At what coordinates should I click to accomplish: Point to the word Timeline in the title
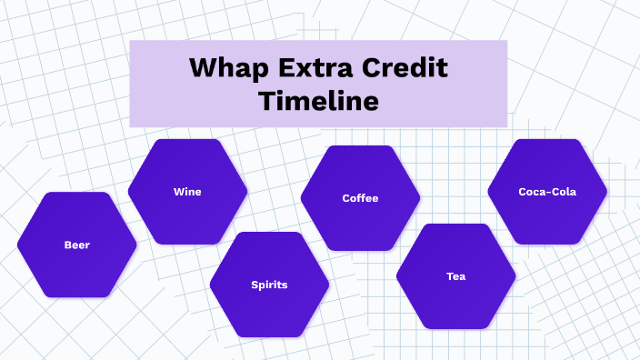318,99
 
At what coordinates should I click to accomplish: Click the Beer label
77,245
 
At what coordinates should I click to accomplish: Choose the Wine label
187,192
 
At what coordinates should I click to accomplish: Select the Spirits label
269,285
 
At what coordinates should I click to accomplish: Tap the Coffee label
360,198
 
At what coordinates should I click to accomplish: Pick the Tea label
455,276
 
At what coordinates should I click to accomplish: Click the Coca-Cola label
547,192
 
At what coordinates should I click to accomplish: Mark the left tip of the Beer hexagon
19,245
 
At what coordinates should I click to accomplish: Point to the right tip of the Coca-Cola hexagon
606,192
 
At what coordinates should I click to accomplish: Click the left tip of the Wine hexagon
129,192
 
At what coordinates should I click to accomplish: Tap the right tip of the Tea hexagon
515,276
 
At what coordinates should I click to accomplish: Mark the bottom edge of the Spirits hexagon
269,336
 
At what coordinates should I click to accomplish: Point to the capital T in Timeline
265,99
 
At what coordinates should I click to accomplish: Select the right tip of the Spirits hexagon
328,285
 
